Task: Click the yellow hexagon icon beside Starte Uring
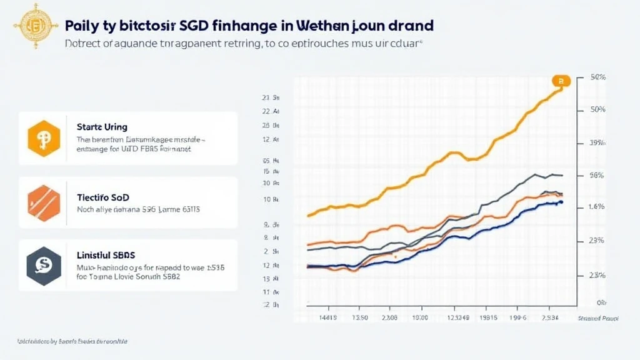(44, 138)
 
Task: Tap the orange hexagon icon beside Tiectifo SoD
(44, 202)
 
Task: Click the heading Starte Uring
(102, 127)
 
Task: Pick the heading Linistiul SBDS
(106, 255)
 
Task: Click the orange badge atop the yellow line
(561, 81)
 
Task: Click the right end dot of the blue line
(561, 202)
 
